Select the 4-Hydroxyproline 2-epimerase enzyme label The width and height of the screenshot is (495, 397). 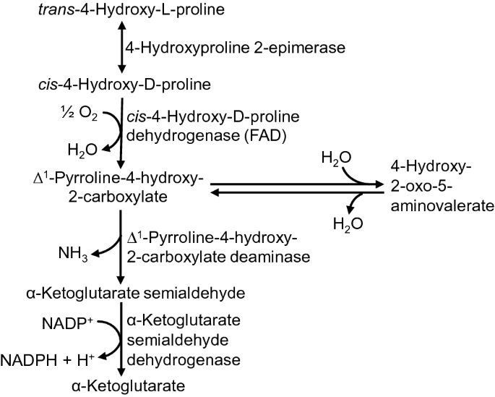pyautogui.click(x=205, y=48)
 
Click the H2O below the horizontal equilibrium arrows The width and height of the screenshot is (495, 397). pyautogui.click(x=346, y=224)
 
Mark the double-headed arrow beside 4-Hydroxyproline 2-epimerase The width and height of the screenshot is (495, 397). pyautogui.click(x=121, y=47)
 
